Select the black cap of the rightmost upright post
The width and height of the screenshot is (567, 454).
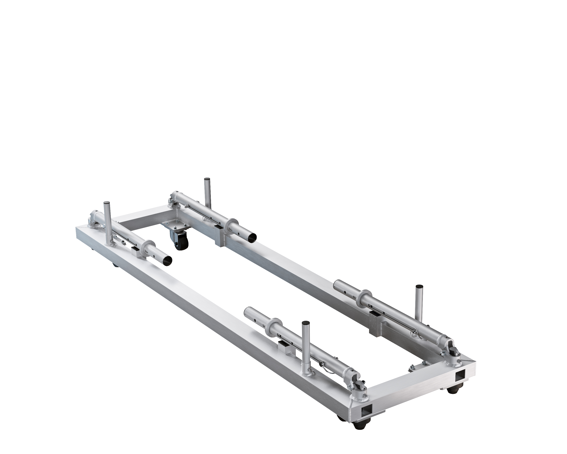click(418, 286)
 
